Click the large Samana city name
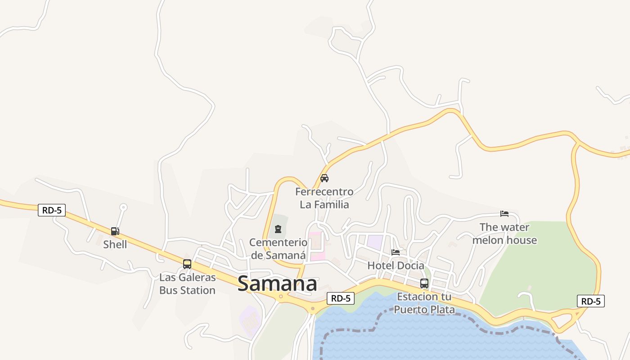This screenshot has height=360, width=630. click(x=277, y=284)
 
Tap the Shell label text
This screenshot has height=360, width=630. click(x=115, y=244)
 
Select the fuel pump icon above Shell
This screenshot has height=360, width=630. click(x=115, y=231)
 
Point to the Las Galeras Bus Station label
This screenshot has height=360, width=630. click(x=187, y=284)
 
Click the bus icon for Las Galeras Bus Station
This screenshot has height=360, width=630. click(x=187, y=264)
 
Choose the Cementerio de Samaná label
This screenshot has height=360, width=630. click(x=278, y=249)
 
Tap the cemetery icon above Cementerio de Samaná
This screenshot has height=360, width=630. click(x=278, y=229)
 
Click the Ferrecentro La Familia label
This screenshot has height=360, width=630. click(x=324, y=198)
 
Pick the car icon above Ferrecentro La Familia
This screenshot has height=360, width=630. click(x=324, y=178)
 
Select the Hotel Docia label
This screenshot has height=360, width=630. click(x=396, y=265)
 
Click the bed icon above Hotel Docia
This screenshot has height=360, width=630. click(x=396, y=252)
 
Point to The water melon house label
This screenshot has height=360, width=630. click(x=504, y=234)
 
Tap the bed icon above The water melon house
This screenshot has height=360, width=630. click(x=504, y=214)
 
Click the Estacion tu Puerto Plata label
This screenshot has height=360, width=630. click(x=424, y=303)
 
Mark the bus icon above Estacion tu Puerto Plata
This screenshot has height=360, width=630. click(x=424, y=283)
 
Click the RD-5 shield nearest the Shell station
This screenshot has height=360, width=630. click(x=52, y=210)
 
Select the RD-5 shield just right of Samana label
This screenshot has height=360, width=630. click(x=341, y=298)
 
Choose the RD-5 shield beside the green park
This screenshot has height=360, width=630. click(x=590, y=301)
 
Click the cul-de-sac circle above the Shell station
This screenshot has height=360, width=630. click(x=123, y=207)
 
